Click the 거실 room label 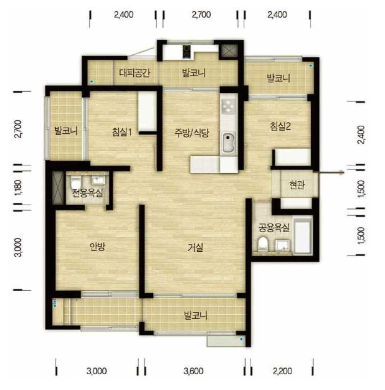click(x=195, y=248)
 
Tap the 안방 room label click(x=97, y=246)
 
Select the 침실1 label click(x=122, y=132)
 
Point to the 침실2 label click(x=280, y=126)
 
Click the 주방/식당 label click(x=192, y=133)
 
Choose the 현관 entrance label click(x=297, y=185)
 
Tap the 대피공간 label click(x=134, y=72)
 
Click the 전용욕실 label click(x=87, y=193)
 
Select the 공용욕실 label click(x=274, y=227)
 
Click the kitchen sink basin click(x=229, y=143)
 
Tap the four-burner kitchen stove click(x=229, y=106)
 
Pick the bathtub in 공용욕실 click(x=303, y=236)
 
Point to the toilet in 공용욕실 click(x=262, y=244)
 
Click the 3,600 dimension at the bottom click(x=193, y=371)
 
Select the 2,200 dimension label click(x=282, y=371)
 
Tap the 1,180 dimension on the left click(x=18, y=188)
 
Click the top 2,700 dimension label click(x=201, y=14)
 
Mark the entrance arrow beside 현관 click(x=331, y=172)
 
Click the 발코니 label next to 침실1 click(x=66, y=131)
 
